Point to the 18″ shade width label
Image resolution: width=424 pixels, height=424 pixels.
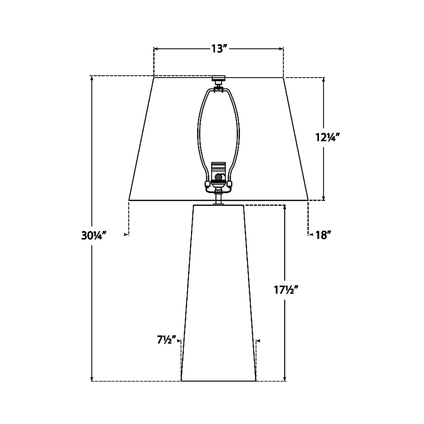pos(324,235)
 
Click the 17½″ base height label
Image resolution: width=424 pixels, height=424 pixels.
pos(286,290)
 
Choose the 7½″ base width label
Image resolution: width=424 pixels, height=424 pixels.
pos(166,340)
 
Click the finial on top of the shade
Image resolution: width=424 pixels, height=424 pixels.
pos(218,78)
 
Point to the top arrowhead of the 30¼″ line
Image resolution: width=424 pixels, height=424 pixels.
pos(92,78)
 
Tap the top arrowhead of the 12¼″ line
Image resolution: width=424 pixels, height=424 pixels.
pos(324,80)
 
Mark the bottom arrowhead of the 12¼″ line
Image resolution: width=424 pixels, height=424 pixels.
pos(324,198)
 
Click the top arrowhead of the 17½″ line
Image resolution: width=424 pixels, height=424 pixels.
pos(285,207)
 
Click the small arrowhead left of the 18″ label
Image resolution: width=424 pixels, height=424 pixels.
pos(311,235)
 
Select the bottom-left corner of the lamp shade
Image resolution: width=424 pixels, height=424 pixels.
pos(129,200)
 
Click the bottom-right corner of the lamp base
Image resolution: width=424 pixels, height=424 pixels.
pos(256,381)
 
